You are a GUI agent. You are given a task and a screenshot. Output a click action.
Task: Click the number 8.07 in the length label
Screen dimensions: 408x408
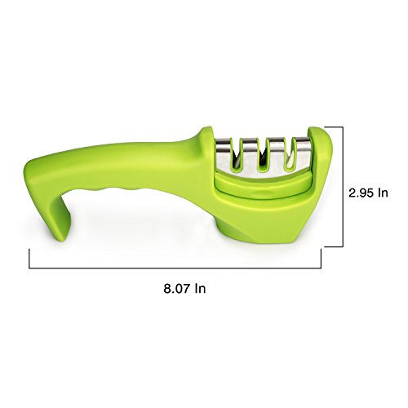point(176,288)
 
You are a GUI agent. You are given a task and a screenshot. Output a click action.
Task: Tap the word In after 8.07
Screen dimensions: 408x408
point(200,288)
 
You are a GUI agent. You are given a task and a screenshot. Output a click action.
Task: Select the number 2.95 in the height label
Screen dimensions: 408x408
point(361,193)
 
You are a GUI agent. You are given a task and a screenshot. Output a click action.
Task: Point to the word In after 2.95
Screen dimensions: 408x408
point(383,193)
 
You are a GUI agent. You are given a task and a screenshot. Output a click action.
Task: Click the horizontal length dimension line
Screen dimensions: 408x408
point(175,268)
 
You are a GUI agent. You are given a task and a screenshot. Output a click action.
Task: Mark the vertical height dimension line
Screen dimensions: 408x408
point(343,187)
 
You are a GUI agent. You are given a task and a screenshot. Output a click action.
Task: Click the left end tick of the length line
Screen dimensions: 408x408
point(29,258)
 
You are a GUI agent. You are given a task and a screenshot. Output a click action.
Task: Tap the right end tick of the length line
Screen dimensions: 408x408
point(321,258)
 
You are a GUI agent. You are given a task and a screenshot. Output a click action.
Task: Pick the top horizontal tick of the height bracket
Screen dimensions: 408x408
point(334,126)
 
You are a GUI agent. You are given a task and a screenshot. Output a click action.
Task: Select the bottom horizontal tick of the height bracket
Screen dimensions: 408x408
point(334,246)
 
